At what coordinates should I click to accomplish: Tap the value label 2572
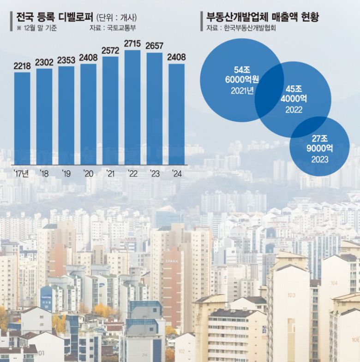110,50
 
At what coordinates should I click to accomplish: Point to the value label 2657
155,46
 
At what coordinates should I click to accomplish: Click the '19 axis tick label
66,173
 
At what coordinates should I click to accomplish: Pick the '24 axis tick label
177,173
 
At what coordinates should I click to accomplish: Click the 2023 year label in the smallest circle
319,160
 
